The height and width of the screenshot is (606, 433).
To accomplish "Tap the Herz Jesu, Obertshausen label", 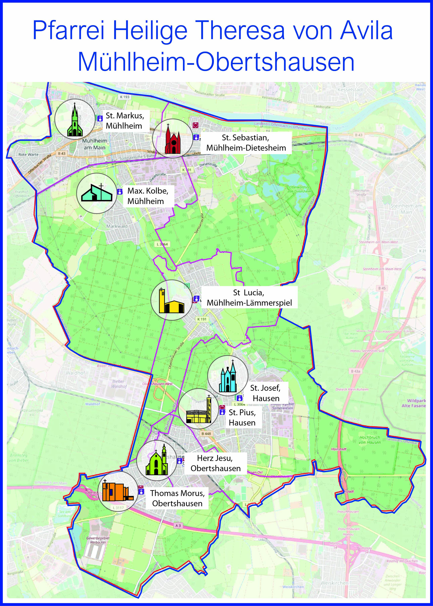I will pos(215,463).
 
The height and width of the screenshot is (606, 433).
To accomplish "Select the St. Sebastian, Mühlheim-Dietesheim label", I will pos(246,143).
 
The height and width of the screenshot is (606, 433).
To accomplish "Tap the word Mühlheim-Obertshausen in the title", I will pos(216,62).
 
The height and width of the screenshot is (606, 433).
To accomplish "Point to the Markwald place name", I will pos(117,226).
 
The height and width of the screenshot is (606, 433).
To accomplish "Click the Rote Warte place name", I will pos(29,154).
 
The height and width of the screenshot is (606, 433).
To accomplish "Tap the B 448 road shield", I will pos(206,434).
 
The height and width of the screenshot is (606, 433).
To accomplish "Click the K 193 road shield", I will pos(124,97).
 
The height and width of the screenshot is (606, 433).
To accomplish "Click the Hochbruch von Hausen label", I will pos(370,440).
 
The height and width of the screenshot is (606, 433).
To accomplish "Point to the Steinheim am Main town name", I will pos(406,209).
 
